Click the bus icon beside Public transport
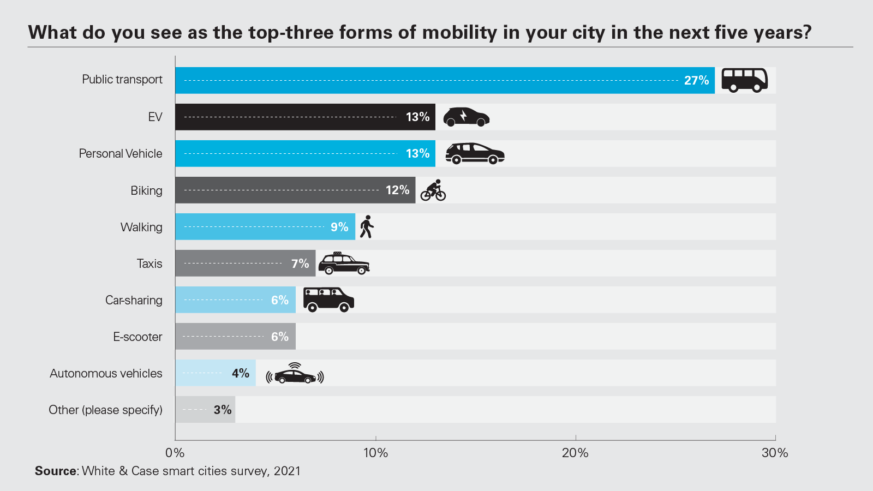744,80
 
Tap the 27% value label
696,81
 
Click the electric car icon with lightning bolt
466,117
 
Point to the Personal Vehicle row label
121,154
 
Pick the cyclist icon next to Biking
433,190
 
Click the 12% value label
397,190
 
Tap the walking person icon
367,227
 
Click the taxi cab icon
344,264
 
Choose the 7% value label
300,264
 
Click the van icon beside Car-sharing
328,300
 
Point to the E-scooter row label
137,337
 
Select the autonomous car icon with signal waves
295,374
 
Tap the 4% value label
241,374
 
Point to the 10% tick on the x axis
375,453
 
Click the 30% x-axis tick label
775,453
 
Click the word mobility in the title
460,33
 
